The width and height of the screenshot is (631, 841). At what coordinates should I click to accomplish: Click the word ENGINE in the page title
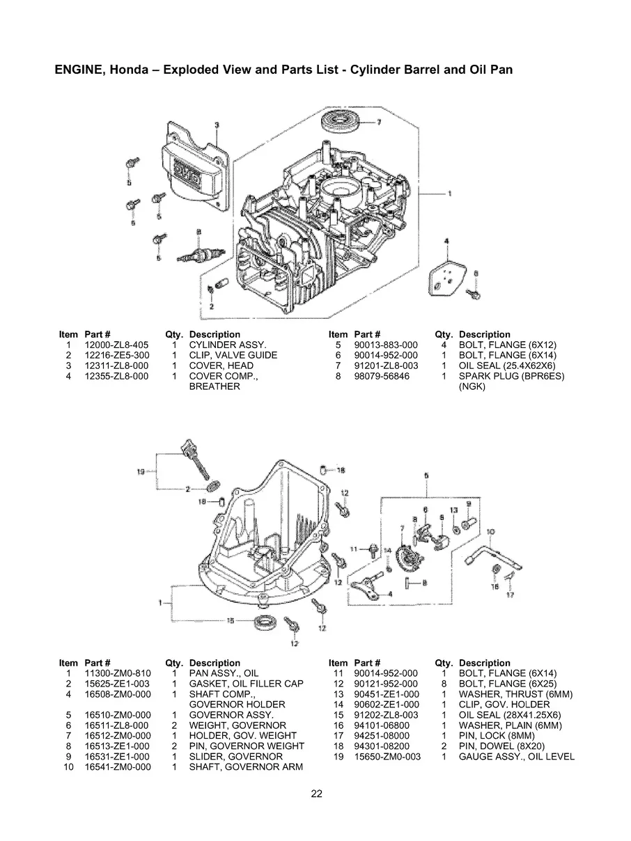click(77, 70)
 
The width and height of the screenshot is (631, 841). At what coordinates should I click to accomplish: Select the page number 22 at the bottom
click(316, 793)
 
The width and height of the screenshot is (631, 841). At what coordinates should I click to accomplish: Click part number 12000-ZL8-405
click(116, 345)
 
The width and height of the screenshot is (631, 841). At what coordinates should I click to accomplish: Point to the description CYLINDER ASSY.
click(227, 345)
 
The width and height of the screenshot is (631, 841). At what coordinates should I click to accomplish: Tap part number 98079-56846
click(382, 376)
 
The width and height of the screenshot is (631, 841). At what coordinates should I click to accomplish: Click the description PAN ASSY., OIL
click(224, 673)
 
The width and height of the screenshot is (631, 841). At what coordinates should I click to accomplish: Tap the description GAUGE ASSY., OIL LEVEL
click(517, 757)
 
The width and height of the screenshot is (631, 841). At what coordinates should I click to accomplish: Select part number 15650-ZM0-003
click(387, 757)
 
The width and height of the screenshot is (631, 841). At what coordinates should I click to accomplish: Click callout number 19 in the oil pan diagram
click(141, 471)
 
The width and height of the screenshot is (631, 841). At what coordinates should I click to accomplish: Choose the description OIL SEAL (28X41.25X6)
click(510, 715)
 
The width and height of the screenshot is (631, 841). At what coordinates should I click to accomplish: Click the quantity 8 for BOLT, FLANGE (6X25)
click(443, 684)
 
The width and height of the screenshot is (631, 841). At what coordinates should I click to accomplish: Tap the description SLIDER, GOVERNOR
click(226, 757)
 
